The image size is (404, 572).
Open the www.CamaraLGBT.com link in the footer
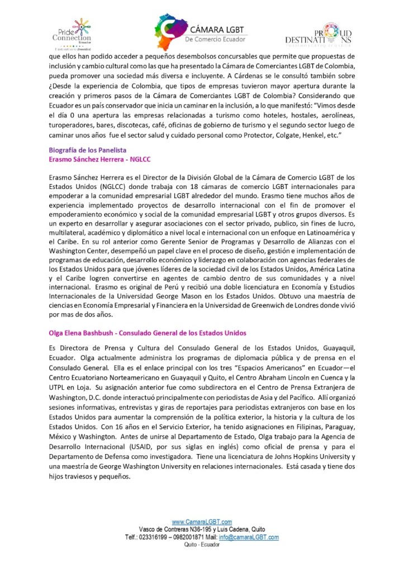[x=202, y=522]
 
